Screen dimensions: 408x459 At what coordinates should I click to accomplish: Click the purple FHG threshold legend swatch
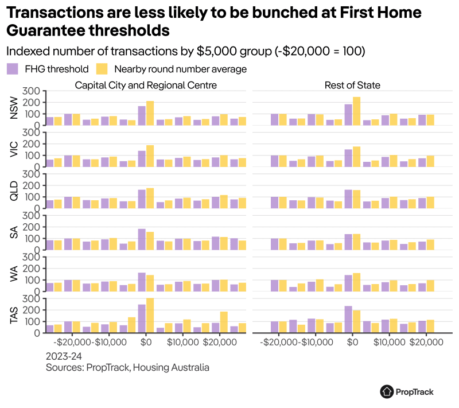pos(13,69)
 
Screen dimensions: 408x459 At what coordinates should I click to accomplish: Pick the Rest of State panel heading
pos(351,86)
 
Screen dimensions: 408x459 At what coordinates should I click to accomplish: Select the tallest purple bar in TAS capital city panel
pos(141,318)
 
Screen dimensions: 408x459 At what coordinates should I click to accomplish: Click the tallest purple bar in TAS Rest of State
pos(348,319)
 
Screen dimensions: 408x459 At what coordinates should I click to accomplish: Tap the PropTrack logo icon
pos(387,391)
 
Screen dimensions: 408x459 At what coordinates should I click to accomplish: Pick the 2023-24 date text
pos(64,356)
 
